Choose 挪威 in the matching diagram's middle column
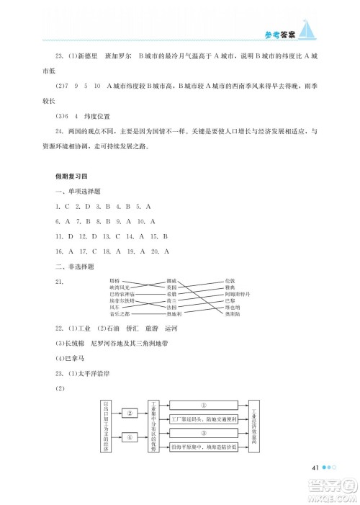click(171, 280)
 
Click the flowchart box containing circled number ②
click(130, 414)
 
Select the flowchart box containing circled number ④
click(130, 437)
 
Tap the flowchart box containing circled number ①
click(203, 405)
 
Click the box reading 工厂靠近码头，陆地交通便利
click(203, 419)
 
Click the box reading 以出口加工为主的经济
click(107, 425)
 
